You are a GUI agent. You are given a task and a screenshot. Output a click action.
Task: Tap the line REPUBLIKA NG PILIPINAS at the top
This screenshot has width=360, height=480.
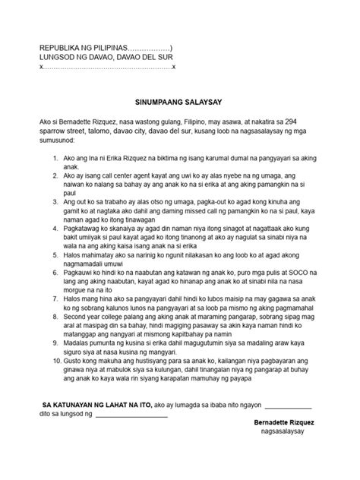106,48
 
